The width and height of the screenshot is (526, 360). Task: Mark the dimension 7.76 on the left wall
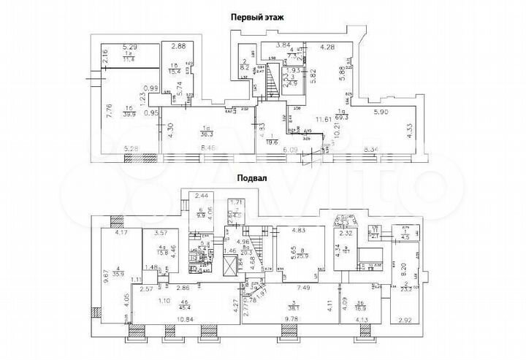(x=110, y=112)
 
